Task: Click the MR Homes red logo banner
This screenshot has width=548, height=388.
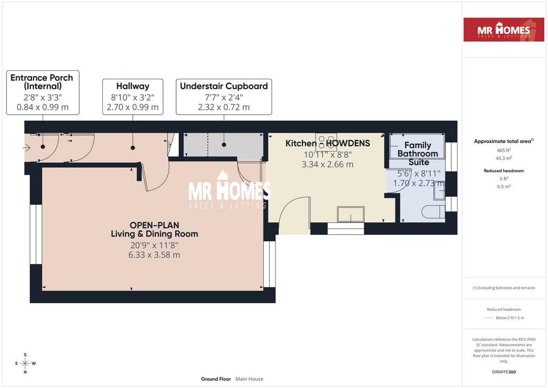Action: coord(504,29)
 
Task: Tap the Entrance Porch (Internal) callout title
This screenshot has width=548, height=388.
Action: coord(42,82)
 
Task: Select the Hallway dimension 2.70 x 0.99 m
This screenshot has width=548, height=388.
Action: coord(133,107)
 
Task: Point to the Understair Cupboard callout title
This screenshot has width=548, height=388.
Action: coord(224,86)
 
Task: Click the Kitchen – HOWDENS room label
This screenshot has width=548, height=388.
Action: coord(328,143)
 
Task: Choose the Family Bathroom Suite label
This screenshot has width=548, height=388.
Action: coord(417,154)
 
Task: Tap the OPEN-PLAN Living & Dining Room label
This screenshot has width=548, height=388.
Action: coord(154,229)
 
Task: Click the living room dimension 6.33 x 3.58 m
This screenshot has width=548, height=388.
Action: coord(154,255)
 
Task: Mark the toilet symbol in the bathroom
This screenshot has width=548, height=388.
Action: coord(433,212)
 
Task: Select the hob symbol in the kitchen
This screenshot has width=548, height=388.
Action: coord(326,141)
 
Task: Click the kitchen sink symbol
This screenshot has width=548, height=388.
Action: coord(351,214)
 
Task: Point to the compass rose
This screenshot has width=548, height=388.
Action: coord(25,363)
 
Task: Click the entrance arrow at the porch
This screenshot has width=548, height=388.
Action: coord(27,148)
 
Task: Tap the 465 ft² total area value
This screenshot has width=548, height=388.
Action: coord(504,150)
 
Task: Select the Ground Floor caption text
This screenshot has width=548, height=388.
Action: coord(216,379)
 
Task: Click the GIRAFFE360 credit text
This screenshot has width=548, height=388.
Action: coord(504,372)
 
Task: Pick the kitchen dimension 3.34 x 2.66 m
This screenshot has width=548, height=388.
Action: coord(328,164)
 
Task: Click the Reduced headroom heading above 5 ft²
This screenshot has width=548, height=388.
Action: coord(504,171)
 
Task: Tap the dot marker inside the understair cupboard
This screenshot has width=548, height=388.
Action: coord(224,145)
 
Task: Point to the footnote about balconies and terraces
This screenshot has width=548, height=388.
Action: coord(504,288)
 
